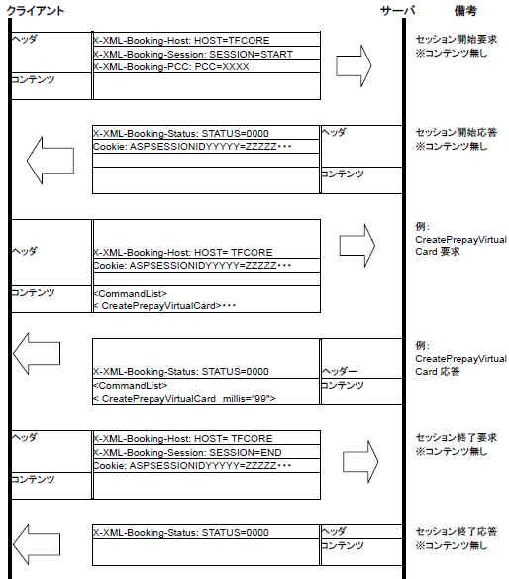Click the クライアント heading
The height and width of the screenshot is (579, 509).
click(36, 11)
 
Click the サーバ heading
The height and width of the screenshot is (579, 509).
click(398, 10)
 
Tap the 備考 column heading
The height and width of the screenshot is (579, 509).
click(465, 10)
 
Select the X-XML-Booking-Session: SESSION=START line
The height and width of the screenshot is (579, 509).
click(193, 54)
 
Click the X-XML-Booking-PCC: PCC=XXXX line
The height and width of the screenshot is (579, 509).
click(171, 66)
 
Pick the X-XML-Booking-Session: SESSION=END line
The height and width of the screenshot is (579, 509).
click(187, 452)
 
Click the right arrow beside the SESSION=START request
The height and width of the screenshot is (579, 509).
click(354, 66)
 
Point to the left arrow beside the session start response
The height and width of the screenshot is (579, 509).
click(51, 161)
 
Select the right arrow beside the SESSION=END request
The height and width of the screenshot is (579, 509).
click(360, 462)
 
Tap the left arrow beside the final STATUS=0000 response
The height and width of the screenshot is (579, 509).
click(37, 544)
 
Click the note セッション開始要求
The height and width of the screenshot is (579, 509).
click(457, 39)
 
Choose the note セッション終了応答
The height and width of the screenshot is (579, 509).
click(457, 531)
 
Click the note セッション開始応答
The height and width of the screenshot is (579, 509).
click(457, 132)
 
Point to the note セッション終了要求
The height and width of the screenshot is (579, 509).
click(457, 437)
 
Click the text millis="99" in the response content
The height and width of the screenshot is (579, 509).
click(249, 399)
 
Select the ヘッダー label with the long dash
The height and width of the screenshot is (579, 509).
click(340, 371)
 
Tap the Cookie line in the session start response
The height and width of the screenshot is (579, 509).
click(192, 146)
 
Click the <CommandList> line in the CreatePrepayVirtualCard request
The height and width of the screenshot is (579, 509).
click(130, 293)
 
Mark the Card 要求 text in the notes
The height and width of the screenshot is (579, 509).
click(438, 252)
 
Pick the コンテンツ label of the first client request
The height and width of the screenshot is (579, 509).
click(33, 79)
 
